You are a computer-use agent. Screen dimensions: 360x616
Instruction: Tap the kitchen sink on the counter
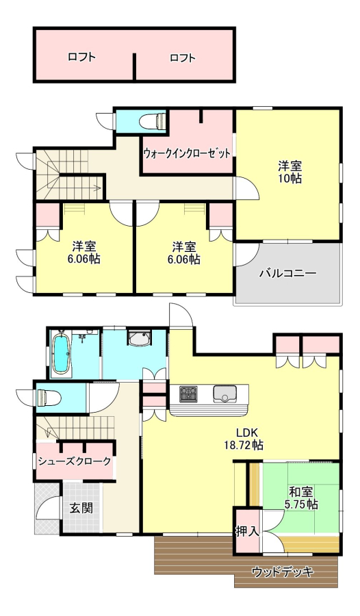tap(224, 394)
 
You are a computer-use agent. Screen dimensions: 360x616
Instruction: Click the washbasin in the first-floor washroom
tap(139, 338)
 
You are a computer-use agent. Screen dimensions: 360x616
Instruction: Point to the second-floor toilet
tap(153, 120)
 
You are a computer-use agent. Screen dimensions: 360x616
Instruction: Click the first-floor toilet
tap(49, 398)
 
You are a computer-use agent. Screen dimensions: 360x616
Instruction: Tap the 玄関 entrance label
tap(81, 508)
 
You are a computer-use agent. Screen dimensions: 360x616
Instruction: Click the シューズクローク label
tap(75, 461)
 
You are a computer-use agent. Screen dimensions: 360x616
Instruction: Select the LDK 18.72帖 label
tap(244, 439)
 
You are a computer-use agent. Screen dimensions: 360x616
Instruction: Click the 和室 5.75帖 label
tap(301, 498)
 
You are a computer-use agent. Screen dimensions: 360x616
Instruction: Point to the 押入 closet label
tap(247, 532)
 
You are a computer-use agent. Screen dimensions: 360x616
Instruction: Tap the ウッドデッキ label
tap(283, 572)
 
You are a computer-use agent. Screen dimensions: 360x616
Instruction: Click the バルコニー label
tap(287, 273)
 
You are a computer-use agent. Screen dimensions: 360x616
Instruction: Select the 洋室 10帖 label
tap(290, 172)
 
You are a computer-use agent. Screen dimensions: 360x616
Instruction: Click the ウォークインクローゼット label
tap(186, 153)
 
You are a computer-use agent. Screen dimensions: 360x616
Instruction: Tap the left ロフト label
tap(81, 57)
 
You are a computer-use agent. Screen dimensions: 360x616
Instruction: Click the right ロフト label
tap(182, 58)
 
